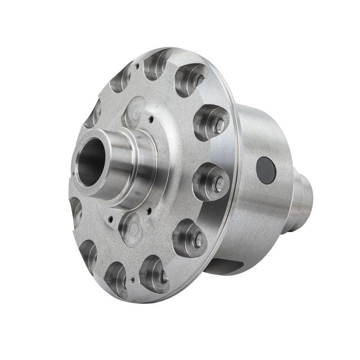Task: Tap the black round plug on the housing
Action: click(266, 171)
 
